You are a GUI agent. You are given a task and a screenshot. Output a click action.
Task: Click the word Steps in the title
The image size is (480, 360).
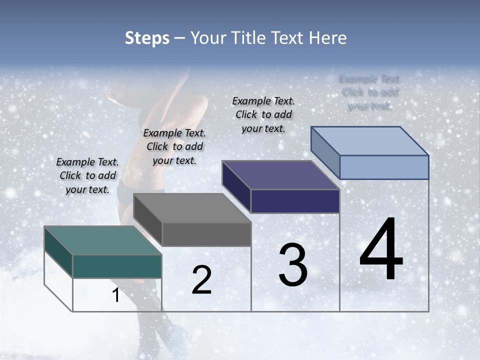coord(147,38)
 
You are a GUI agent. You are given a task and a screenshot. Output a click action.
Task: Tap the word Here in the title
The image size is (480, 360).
coord(327,38)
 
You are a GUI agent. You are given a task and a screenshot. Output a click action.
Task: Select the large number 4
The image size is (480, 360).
coord(381,249)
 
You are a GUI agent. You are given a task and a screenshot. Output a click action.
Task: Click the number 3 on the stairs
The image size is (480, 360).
coord(293,265)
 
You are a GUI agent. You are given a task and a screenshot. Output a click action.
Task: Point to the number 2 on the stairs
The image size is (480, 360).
coord(201,280)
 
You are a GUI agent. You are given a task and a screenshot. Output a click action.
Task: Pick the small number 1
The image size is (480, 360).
coord(115,295)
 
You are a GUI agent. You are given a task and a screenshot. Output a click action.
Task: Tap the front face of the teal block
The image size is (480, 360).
coord(117,266)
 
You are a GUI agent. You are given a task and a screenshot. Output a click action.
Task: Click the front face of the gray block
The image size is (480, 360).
coord(206,234)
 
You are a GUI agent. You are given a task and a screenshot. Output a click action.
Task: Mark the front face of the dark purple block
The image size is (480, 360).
coord(295,201)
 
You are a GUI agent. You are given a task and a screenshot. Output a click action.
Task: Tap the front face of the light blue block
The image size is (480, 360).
coord(384,167)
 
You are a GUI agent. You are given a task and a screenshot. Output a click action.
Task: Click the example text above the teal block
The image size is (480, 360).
coord(87,176)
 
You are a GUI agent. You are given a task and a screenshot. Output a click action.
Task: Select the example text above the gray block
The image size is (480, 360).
coord(174,147)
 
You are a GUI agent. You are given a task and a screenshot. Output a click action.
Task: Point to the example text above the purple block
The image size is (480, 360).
coord(263,114)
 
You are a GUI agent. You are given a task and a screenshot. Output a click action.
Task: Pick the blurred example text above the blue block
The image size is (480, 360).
coord(369,92)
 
